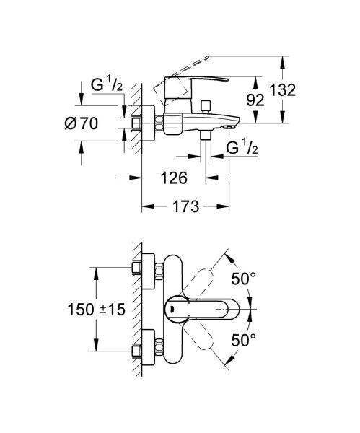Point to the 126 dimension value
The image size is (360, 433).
[175, 176]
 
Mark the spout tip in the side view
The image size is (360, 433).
[230, 126]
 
